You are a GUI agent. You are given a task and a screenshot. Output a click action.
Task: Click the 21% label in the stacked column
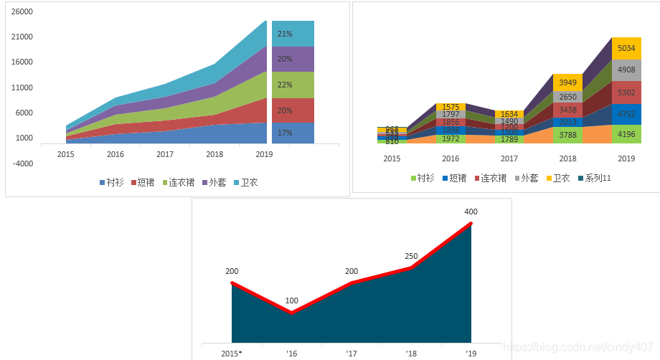click(x=285, y=34)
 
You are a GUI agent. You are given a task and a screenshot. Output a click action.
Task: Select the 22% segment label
click(x=285, y=85)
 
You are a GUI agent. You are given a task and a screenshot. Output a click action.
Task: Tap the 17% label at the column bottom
click(x=285, y=133)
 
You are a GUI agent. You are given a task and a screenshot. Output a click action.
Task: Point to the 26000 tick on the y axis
click(x=23, y=11)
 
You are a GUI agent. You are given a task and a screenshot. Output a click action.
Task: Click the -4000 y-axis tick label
click(x=23, y=164)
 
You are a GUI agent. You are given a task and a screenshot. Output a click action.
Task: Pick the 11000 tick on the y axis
click(x=23, y=87)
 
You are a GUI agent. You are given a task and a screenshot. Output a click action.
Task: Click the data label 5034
click(x=626, y=49)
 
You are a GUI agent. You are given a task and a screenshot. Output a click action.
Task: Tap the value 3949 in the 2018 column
click(x=567, y=82)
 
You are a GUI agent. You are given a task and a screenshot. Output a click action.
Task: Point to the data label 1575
click(x=451, y=107)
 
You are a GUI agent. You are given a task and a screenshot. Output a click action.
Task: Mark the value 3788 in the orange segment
click(x=567, y=133)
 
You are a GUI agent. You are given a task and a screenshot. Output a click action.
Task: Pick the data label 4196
click(x=626, y=133)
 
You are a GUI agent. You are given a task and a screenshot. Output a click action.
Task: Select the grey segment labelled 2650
click(x=567, y=98)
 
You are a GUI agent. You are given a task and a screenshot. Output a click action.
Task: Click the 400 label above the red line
click(x=471, y=212)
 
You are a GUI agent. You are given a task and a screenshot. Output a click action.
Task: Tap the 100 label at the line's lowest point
click(x=291, y=300)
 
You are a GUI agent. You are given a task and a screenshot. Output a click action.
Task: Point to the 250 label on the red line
click(x=411, y=256)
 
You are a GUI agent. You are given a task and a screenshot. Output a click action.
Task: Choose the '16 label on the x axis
click(x=291, y=354)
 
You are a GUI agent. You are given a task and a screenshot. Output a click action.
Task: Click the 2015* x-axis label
click(x=231, y=354)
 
